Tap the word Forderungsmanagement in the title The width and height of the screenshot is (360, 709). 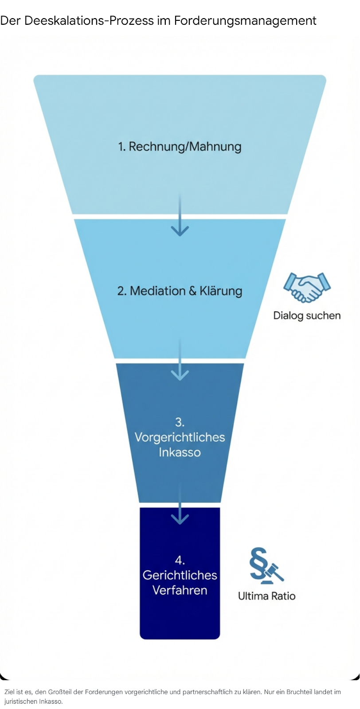[x=245, y=20]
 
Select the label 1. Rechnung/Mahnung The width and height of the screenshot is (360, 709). [x=180, y=147]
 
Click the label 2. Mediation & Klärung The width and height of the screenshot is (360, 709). [x=180, y=291]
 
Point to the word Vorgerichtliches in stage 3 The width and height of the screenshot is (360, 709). [x=180, y=437]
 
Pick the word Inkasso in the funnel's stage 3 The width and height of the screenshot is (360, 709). [x=180, y=452]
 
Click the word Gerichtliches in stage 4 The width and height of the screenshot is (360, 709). [x=180, y=575]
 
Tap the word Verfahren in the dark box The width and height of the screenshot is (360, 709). [x=180, y=590]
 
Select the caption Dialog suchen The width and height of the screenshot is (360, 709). [x=307, y=316]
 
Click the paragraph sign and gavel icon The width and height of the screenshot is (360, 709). [x=266, y=565]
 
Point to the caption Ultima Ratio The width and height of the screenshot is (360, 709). [x=266, y=596]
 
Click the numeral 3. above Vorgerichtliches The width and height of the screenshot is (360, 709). [x=180, y=422]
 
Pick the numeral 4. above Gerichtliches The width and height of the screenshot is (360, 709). [x=180, y=560]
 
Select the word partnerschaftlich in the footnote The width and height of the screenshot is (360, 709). [x=206, y=692]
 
